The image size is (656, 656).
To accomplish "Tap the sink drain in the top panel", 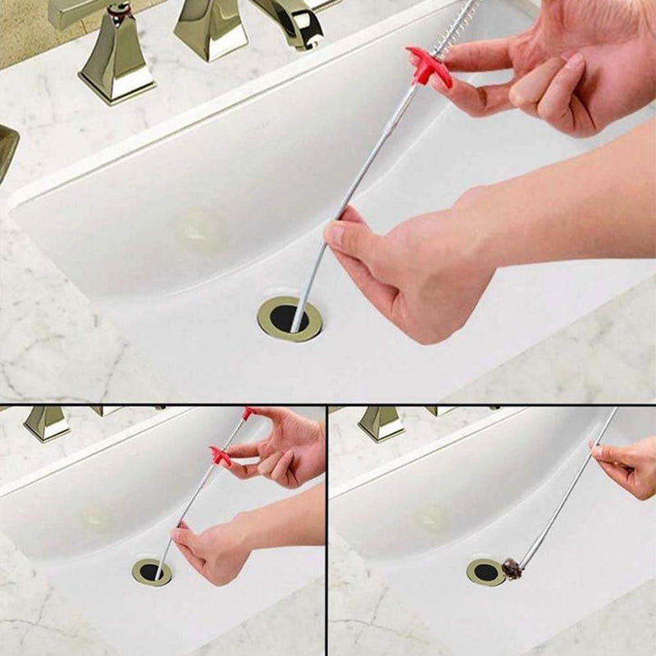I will [289, 318].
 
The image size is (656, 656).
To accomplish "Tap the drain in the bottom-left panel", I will [152, 572].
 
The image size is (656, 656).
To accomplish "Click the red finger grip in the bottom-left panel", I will [220, 456].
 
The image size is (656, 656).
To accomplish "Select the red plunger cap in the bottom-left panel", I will [248, 413].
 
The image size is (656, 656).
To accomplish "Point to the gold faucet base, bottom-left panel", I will [47, 423].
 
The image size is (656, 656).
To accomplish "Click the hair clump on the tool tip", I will [512, 568].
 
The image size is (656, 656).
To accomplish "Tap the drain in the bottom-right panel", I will [485, 572].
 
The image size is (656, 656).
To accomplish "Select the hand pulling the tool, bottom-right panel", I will [627, 466].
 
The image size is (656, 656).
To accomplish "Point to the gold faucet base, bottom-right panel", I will [381, 423].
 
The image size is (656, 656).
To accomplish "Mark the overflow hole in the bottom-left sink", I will [97, 517].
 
